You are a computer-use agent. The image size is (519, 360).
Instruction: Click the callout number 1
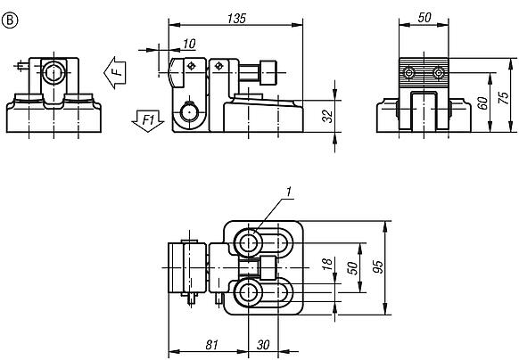289,191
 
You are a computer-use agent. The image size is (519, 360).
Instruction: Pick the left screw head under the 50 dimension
409,71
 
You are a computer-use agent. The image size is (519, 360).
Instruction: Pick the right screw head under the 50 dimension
438,71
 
